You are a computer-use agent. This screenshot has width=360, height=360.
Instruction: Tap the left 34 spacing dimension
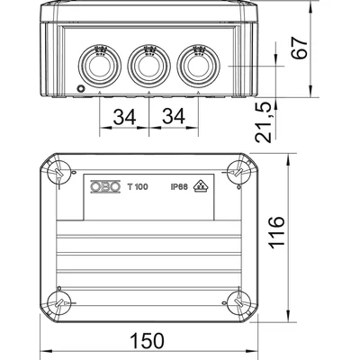click(x=126, y=116)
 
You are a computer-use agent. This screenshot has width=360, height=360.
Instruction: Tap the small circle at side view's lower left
click(x=81, y=89)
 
